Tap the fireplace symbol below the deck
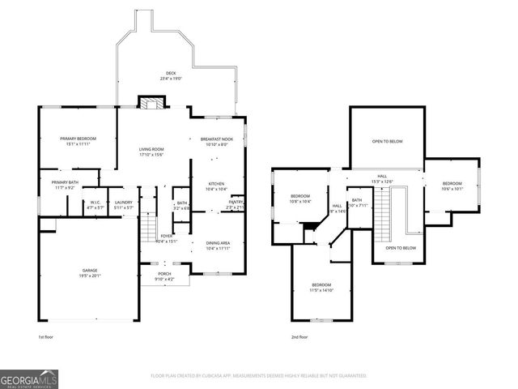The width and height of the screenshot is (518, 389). [x=150, y=103]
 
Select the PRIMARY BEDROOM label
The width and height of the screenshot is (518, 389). [x=79, y=141]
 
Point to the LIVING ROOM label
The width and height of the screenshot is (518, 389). [x=151, y=152]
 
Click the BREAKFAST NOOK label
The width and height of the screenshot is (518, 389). [x=216, y=141]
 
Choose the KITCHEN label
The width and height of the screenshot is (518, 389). [x=216, y=186]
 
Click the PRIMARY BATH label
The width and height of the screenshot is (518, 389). [x=66, y=185]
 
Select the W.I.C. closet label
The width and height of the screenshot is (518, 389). [x=96, y=205]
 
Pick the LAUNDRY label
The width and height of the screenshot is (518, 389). [x=123, y=205]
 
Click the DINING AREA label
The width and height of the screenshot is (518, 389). [x=218, y=245]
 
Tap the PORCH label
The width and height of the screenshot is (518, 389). [x=164, y=277]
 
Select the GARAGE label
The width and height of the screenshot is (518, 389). [x=89, y=272]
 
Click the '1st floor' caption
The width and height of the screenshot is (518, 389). [x=47, y=336]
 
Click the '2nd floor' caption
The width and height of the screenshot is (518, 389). [x=300, y=336]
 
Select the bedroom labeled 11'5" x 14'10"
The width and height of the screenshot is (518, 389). [x=322, y=287]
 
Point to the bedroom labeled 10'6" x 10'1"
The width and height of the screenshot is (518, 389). [x=452, y=186]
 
